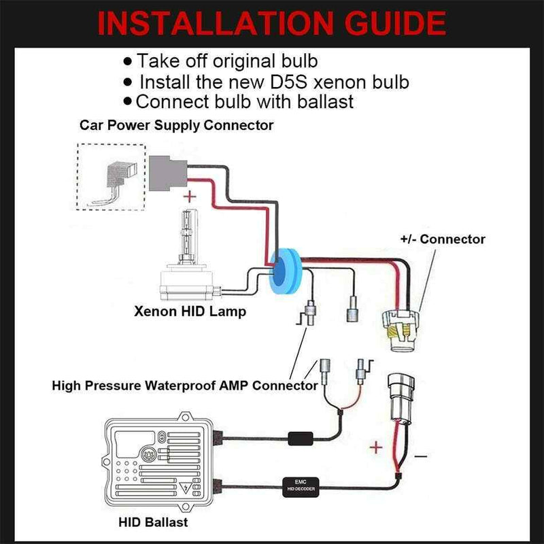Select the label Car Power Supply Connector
coord(176,125)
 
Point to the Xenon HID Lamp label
coord(190,313)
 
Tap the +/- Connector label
coord(443,239)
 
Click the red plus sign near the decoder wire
coord(373,447)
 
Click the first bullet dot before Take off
coord(128,62)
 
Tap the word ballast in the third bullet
coord(322,102)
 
